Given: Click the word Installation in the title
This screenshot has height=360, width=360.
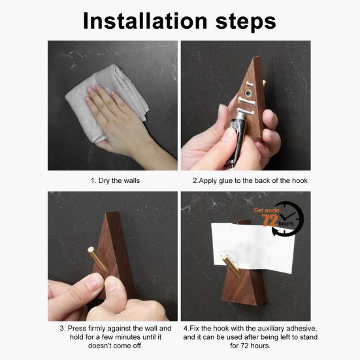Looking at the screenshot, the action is coord(145,21).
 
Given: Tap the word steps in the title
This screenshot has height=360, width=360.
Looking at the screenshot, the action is coord(246,22).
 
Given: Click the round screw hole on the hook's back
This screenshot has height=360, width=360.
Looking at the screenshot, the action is coord(248,93).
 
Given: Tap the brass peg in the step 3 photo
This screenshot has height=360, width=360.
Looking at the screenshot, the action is coord(97,259).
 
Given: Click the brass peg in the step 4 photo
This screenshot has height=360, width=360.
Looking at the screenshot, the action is coord(231,265).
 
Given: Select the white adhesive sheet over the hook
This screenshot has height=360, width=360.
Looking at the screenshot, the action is coord(253,248).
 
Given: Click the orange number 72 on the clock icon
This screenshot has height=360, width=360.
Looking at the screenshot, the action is coord(270,221).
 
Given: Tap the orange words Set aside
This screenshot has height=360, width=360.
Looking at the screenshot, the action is coord(267,210).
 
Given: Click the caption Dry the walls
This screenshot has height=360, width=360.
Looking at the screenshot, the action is coord(115,181).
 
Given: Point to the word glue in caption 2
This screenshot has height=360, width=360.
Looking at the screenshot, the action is coord(225,181).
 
